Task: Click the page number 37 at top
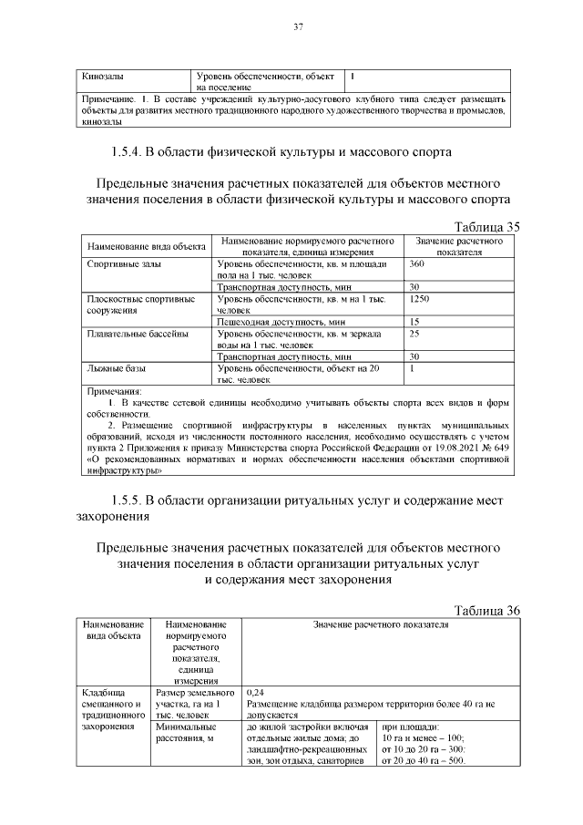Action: pyautogui.click(x=297, y=26)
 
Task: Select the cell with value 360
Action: pyautogui.click(x=418, y=263)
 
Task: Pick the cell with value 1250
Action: pyautogui.click(x=420, y=298)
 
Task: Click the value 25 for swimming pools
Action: pyautogui.click(x=415, y=334)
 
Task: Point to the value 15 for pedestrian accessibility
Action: pyautogui.click(x=414, y=322)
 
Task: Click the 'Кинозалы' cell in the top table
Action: pyautogui.click(x=103, y=77)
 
